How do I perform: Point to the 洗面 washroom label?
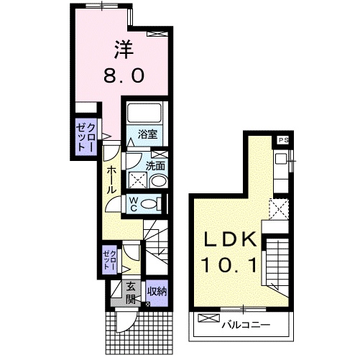(156, 166)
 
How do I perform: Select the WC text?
(134, 204)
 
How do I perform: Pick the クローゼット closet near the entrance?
(109, 260)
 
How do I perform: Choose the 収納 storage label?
(157, 292)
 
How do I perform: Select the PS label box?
(283, 141)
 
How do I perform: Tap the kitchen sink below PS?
(281, 162)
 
